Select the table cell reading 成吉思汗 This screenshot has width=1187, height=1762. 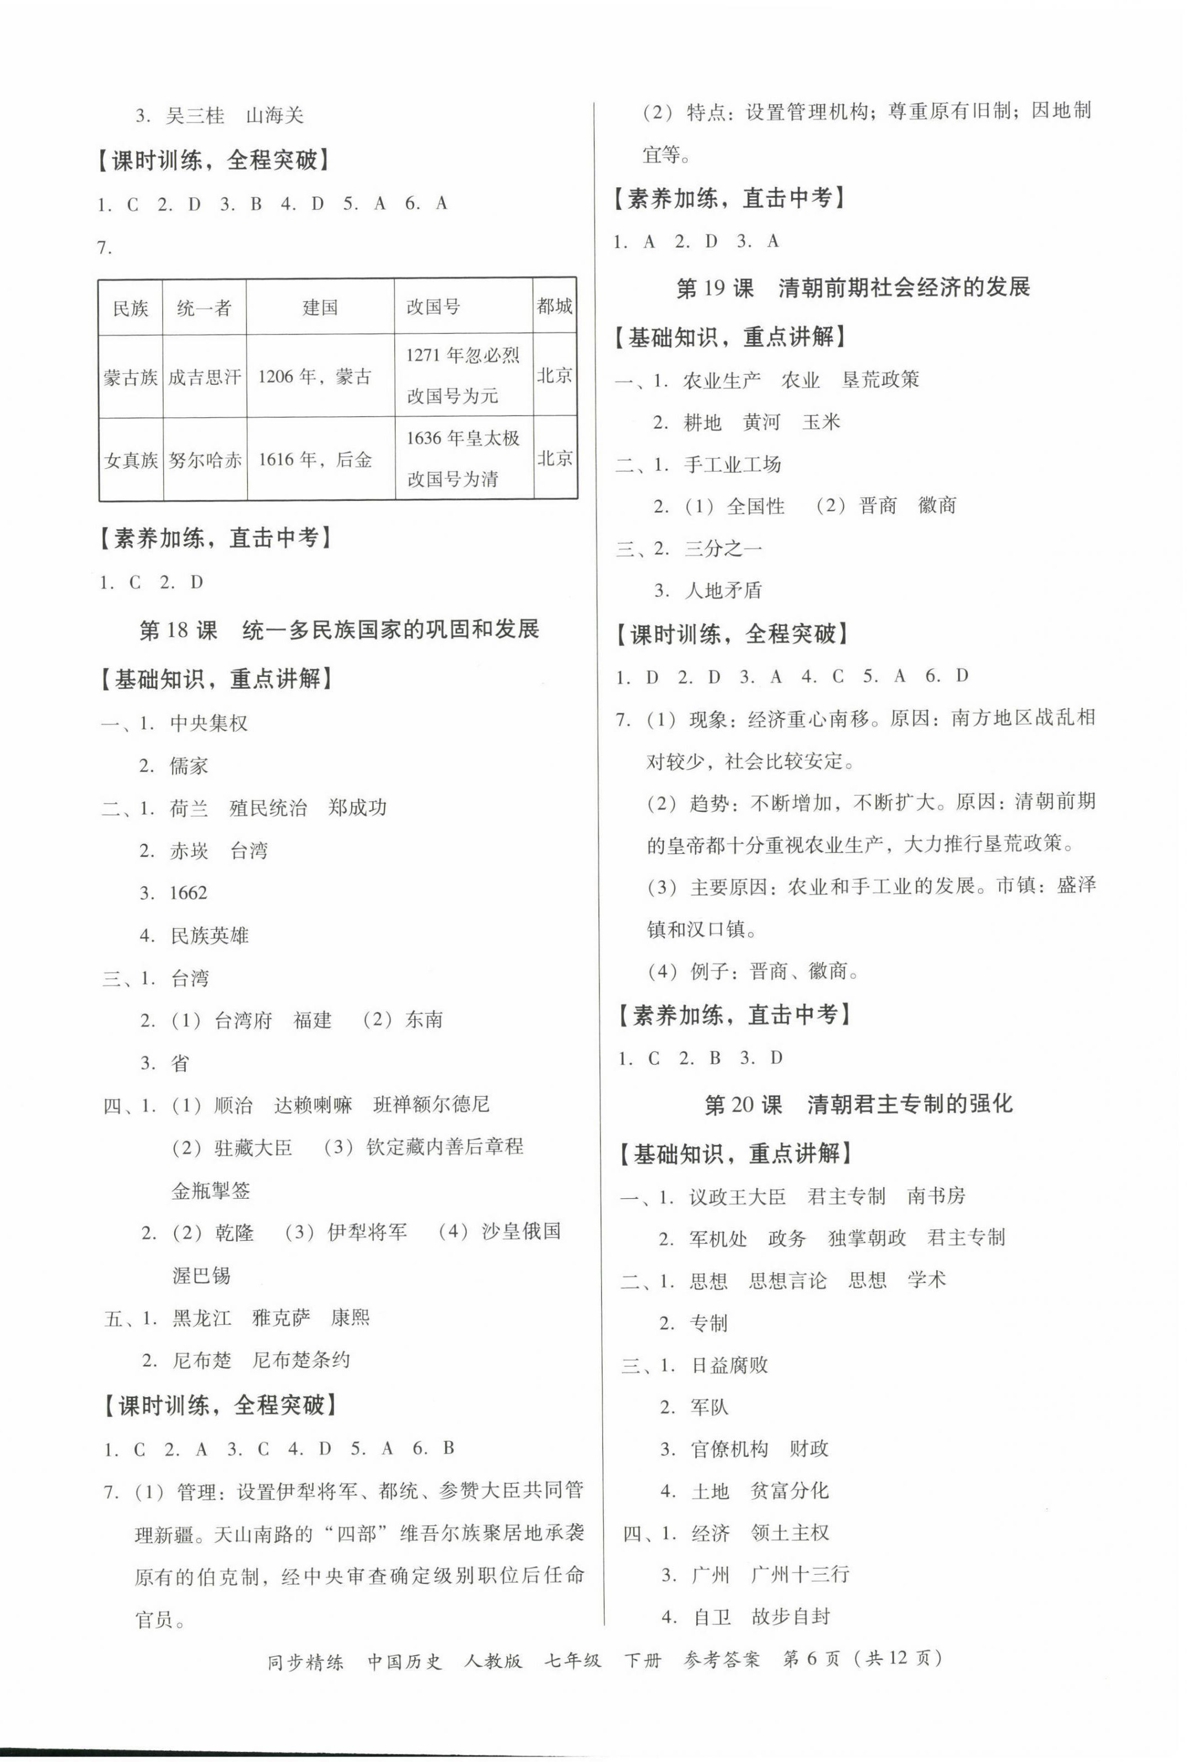coord(205,377)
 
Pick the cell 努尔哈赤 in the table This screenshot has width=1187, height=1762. coord(205,459)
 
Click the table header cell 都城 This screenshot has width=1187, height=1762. coord(554,306)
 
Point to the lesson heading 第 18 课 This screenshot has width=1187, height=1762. coord(178,629)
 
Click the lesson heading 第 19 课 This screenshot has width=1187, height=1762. coord(715,288)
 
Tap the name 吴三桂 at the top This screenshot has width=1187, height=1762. coord(195,116)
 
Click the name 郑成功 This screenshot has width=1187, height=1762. coord(357,808)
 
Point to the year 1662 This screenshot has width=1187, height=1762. coord(189,893)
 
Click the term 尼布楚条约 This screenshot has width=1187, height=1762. coord(301,1360)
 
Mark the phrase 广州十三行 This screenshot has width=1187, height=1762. coord(800,1575)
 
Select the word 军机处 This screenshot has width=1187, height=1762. coord(718,1238)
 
